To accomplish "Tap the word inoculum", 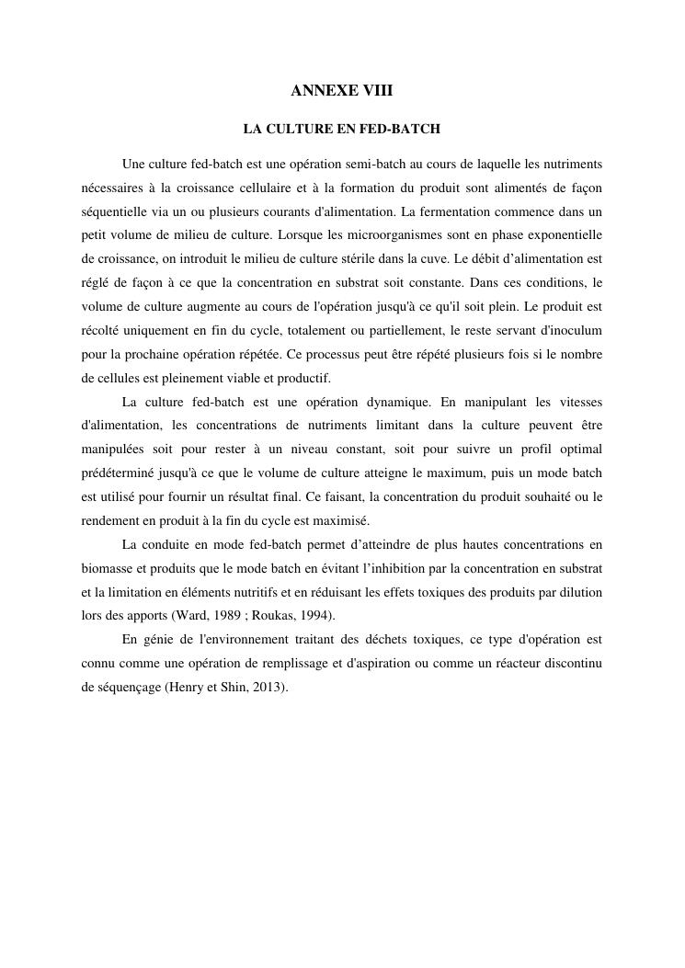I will click(575, 329).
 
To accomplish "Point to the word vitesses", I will click(577, 401).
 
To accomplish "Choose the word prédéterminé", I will click(121, 473).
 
